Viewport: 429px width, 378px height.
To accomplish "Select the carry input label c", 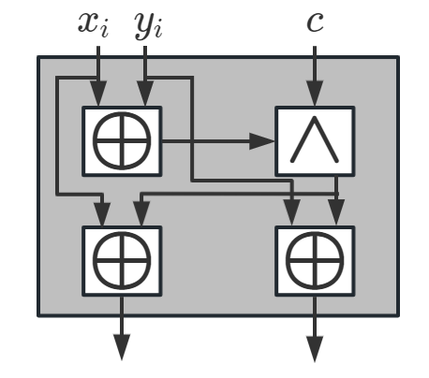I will point(315,22).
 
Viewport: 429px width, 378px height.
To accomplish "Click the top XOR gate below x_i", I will point(122,141).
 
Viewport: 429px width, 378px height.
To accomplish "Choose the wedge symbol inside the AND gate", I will point(315,141).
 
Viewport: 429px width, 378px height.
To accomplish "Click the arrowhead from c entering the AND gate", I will point(315,97).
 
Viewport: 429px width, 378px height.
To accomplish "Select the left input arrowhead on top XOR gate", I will point(98,97).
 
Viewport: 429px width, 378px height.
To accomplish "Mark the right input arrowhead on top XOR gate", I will point(145,97).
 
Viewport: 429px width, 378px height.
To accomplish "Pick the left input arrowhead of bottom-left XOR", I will point(98,216).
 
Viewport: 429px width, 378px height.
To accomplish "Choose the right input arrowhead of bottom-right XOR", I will point(336,216).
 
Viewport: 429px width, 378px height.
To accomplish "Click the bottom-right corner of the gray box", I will point(397,314).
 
